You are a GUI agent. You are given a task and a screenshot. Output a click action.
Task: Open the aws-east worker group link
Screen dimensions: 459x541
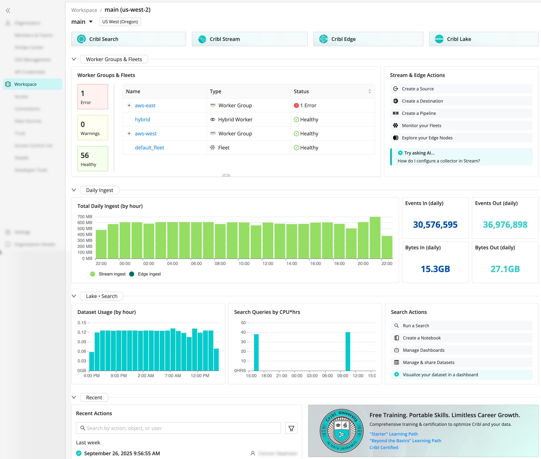[x=145, y=105]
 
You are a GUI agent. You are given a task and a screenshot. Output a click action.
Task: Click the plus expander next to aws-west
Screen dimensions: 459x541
[x=129, y=133]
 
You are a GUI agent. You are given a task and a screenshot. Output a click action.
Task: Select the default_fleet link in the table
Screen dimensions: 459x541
[x=149, y=147]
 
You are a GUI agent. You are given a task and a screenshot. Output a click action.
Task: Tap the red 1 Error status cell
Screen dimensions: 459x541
[x=305, y=105]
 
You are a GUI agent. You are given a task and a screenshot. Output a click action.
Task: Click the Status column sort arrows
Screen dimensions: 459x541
[x=369, y=91]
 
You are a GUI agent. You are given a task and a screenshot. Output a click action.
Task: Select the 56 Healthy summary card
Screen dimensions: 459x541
[x=93, y=158]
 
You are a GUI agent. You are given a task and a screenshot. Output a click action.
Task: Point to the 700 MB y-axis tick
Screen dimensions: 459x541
[x=85, y=217]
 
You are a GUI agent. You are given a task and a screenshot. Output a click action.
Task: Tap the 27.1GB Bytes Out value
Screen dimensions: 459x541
[x=505, y=269]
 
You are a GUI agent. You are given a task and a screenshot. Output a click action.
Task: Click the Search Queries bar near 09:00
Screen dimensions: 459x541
[x=348, y=351]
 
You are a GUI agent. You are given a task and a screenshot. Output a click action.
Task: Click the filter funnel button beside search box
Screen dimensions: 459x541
[x=291, y=428]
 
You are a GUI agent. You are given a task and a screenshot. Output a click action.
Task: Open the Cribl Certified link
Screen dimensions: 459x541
[x=384, y=447]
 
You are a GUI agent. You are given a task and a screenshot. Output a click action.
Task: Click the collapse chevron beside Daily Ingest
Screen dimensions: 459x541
[x=74, y=190]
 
